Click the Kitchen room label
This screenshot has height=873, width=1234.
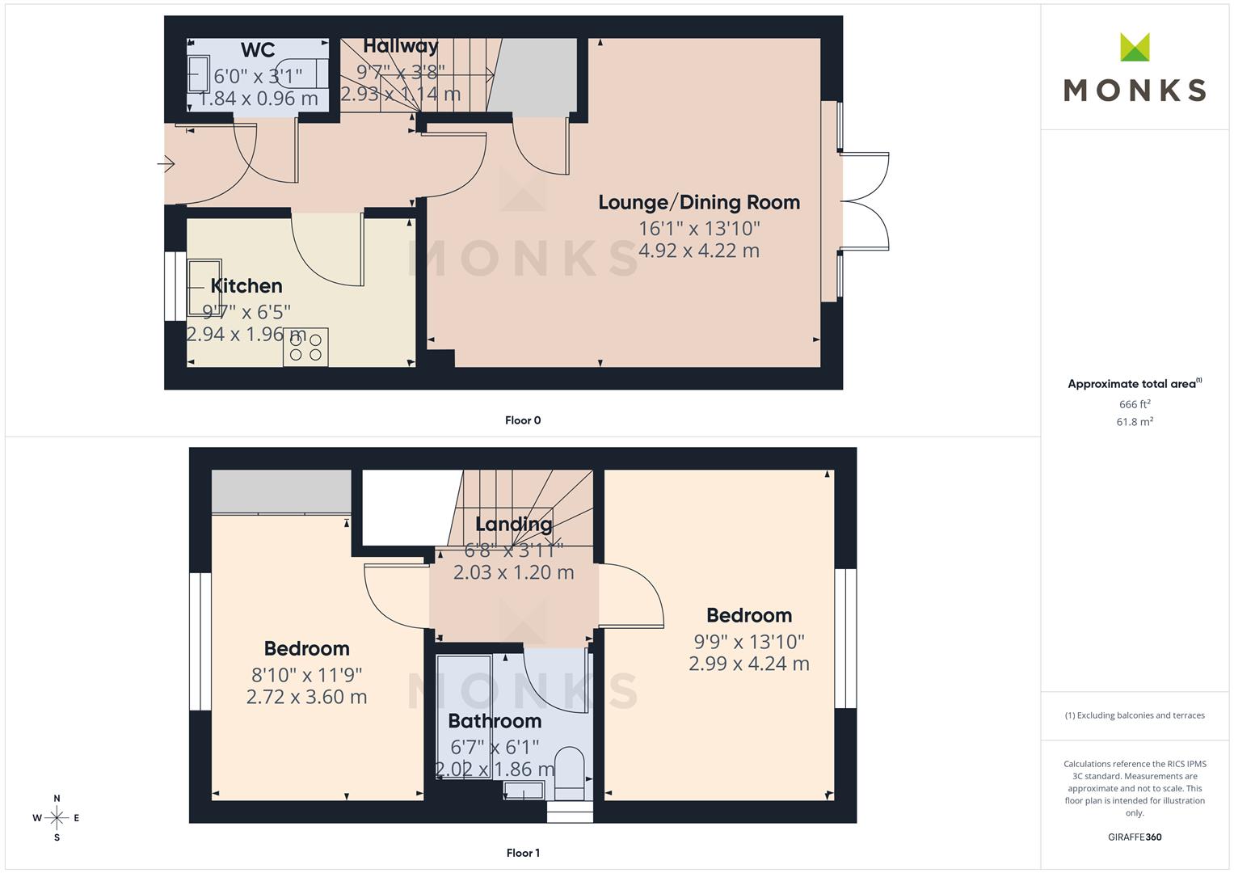[246, 286]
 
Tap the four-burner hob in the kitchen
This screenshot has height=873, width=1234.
[305, 348]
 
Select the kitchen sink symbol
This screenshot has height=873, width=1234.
[204, 287]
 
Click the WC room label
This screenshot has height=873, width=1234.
[257, 50]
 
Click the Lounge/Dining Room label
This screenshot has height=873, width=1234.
[699, 203]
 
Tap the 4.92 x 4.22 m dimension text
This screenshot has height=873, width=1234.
[699, 251]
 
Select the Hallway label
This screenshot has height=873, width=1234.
[400, 46]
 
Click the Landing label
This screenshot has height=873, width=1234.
[513, 524]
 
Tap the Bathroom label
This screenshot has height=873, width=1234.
[495, 721]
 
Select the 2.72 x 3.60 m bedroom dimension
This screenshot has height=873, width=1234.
[306, 697]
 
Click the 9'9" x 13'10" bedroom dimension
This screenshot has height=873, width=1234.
[749, 642]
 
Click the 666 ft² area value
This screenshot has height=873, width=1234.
[1135, 404]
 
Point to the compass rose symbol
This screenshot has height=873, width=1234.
[57, 818]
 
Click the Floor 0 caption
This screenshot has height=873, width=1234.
[523, 420]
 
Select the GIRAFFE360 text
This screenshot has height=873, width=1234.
[1135, 837]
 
